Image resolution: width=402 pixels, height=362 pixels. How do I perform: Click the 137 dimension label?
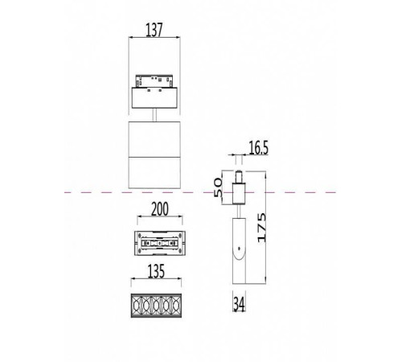tap(154, 31)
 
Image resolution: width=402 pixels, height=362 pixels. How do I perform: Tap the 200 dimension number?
tap(154, 209)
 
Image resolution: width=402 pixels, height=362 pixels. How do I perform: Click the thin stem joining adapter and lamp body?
tap(154, 117)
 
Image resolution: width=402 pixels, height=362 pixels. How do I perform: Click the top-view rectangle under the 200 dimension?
tap(154, 241)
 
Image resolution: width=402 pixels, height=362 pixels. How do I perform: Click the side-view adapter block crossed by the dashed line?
tap(239, 193)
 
